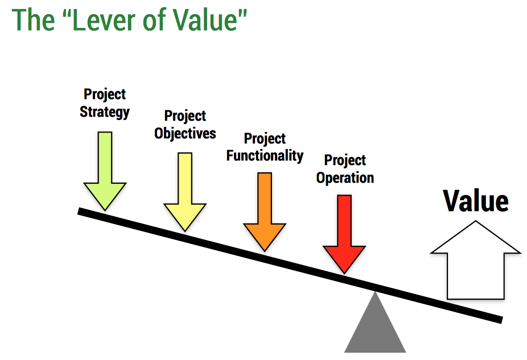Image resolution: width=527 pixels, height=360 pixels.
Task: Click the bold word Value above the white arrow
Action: pyautogui.click(x=476, y=201)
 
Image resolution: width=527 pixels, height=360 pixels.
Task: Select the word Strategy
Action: pyautogui.click(x=105, y=112)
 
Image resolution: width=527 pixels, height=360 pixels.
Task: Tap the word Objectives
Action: pyautogui.click(x=185, y=133)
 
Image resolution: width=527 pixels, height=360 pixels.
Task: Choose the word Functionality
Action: pyautogui.click(x=265, y=156)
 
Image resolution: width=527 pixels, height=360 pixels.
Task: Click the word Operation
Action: pyautogui.click(x=345, y=178)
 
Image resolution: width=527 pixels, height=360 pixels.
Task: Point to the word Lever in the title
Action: pyautogui.click(x=105, y=20)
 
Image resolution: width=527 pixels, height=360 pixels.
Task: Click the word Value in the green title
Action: pyautogui.click(x=205, y=20)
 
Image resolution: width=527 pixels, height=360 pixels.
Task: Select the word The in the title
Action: pyautogui.click(x=33, y=20)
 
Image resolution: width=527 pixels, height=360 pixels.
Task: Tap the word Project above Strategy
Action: pyautogui.click(x=105, y=94)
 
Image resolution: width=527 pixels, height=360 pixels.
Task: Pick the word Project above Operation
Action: pyautogui.click(x=345, y=160)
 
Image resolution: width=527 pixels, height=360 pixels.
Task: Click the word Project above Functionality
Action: pyautogui.click(x=265, y=138)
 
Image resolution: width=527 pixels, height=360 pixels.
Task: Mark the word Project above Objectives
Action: pyautogui.click(x=185, y=116)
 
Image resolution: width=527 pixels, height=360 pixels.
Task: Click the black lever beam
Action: pyautogui.click(x=290, y=265)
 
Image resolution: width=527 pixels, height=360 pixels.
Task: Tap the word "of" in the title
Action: pyautogui.click(x=155, y=20)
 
